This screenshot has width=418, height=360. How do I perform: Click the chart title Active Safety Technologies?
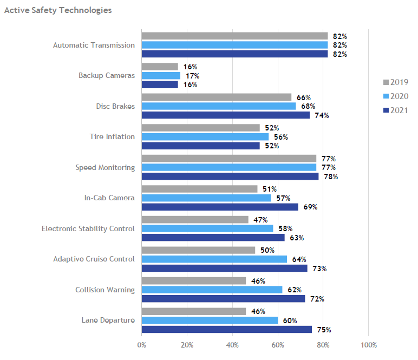click(x=58, y=10)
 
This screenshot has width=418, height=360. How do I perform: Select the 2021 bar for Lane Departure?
click(x=226, y=330)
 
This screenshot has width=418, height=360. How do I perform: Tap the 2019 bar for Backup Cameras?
click(x=160, y=67)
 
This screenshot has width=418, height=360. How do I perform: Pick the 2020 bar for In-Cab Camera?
click(x=206, y=198)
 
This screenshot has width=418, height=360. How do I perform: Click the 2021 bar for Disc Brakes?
click(x=225, y=115)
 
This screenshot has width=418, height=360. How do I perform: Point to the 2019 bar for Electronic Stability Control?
click(x=195, y=220)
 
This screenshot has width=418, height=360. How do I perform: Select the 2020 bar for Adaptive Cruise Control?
click(x=214, y=259)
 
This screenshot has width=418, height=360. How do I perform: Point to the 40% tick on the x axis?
click(x=232, y=345)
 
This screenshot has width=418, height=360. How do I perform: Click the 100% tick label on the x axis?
click(x=368, y=345)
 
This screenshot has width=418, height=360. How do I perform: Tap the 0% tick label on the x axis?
click(x=142, y=345)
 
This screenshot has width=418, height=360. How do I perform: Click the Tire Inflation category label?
click(x=112, y=137)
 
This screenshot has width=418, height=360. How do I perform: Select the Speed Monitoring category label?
click(x=105, y=168)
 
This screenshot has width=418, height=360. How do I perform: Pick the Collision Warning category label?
click(x=105, y=290)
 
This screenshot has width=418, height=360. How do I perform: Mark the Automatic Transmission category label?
click(x=94, y=45)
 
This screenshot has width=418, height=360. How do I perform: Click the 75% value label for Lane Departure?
click(x=324, y=330)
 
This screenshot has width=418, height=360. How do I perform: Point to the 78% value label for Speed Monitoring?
click(x=330, y=177)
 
